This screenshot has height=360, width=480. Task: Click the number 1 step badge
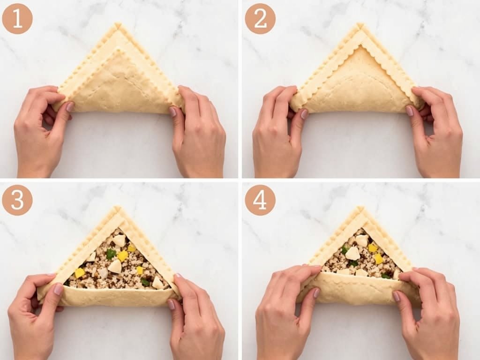point(17,19)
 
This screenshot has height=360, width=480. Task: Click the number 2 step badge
point(260,19)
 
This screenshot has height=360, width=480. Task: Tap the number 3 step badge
point(17,200)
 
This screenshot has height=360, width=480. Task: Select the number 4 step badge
point(260,200)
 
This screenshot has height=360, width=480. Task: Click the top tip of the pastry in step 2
point(360,25)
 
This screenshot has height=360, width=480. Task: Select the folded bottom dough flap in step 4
point(359,288)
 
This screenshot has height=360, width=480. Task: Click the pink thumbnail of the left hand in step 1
point(69,107)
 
